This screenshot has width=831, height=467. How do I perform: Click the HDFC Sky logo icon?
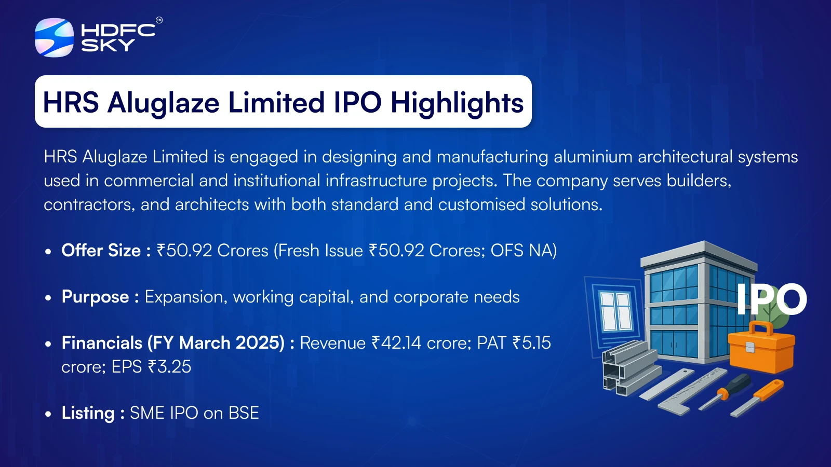click(54, 37)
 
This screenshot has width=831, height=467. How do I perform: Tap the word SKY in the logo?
click(108, 45)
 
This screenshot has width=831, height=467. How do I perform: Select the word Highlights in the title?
click(457, 103)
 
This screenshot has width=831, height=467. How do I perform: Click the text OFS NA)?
click(524, 251)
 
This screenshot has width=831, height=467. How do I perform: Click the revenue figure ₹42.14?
click(396, 343)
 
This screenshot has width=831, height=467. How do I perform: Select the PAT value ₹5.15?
click(532, 343)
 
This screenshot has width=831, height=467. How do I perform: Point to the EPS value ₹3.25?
click(169, 367)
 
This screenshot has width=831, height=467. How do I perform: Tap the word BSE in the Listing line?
click(244, 413)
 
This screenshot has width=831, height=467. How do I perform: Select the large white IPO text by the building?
click(772, 299)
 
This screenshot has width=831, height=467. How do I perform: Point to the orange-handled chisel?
click(757, 398)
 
